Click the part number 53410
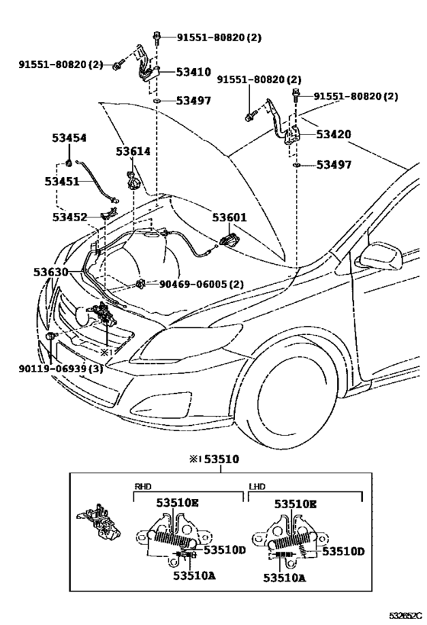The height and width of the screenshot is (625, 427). [x=193, y=72]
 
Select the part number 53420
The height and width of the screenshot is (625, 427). [x=333, y=134]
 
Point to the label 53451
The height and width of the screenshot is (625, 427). [x=61, y=182]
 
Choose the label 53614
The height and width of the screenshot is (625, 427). [x=133, y=152]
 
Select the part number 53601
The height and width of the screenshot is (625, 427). [x=230, y=217]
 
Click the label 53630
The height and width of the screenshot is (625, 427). [x=50, y=271]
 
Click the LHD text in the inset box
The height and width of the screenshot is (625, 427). [x=258, y=486]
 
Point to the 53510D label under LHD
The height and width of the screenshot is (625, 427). [x=342, y=552]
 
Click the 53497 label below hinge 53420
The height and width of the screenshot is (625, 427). [x=333, y=165]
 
